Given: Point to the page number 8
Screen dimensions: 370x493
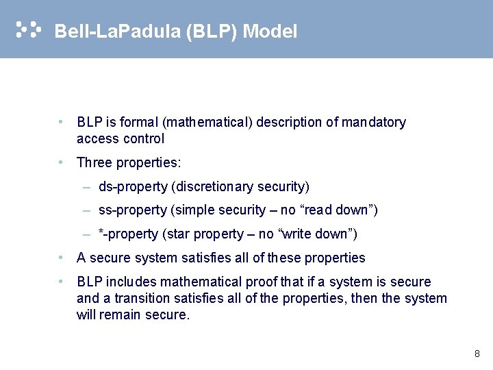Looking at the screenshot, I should pyautogui.click(x=477, y=354).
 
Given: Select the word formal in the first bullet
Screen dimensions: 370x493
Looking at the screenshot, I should pyautogui.click(x=140, y=123).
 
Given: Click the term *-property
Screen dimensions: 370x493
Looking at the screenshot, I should pyautogui.click(x=128, y=234).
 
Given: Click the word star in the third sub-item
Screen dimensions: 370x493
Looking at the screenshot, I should pyautogui.click(x=177, y=234).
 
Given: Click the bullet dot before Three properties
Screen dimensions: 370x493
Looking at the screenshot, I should pyautogui.click(x=62, y=163).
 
